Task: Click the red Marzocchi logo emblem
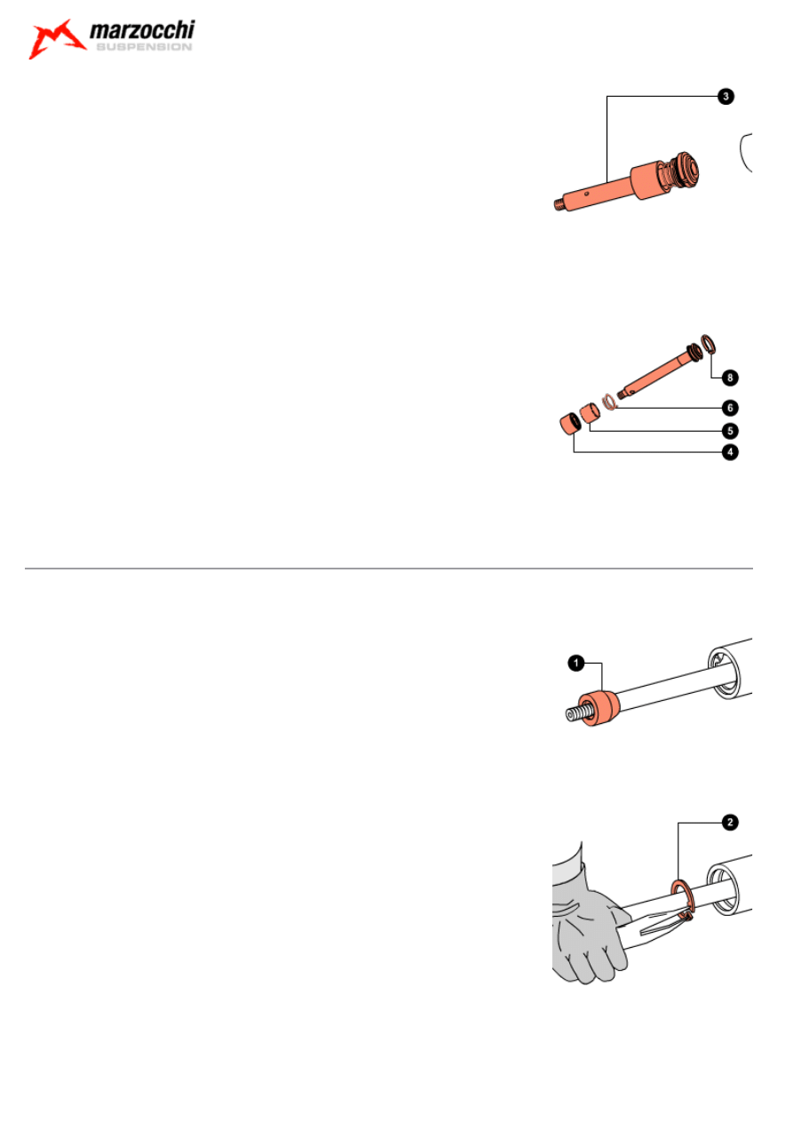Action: [x=57, y=39]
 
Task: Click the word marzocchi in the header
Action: [x=142, y=30]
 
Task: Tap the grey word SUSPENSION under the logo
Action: [x=144, y=47]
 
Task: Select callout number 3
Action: [x=726, y=96]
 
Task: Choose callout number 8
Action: [x=730, y=378]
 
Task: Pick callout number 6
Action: [x=730, y=408]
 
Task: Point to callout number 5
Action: [x=730, y=431]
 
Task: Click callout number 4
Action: [x=730, y=452]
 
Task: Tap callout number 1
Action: [x=576, y=664]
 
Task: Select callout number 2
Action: [x=730, y=822]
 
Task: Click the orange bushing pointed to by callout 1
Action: [x=599, y=707]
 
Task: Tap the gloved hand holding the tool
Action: [x=588, y=927]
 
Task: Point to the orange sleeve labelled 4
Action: [x=570, y=425]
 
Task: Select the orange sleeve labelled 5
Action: [x=590, y=413]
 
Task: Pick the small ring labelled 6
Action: [x=608, y=402]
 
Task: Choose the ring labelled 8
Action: [x=708, y=344]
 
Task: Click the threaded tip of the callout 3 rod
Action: [x=559, y=204]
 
